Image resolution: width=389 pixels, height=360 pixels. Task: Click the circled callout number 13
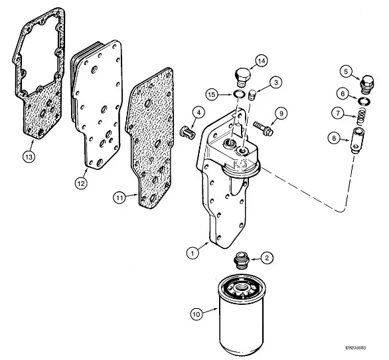pyautogui.click(x=29, y=157)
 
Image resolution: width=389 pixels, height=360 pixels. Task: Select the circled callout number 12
pyautogui.click(x=81, y=183)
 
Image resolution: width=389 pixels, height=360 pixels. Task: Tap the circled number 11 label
pyautogui.click(x=119, y=198)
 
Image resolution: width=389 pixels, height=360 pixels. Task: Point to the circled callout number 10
pyautogui.click(x=196, y=314)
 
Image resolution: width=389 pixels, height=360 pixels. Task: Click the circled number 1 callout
pyautogui.click(x=193, y=253)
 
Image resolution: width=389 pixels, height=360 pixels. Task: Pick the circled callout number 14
pyautogui.click(x=262, y=61)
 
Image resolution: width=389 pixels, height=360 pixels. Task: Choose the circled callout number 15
pyautogui.click(x=212, y=95)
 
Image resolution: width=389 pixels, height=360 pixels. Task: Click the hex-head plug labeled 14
pyautogui.click(x=242, y=78)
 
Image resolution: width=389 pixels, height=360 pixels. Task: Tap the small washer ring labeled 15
pyautogui.click(x=239, y=94)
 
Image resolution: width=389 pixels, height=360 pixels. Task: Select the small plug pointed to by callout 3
pyautogui.click(x=252, y=95)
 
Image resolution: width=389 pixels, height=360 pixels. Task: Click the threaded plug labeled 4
pyautogui.click(x=187, y=131)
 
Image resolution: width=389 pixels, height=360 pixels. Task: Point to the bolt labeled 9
pyautogui.click(x=264, y=128)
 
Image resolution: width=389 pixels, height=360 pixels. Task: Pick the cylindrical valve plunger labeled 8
pyautogui.click(x=356, y=140)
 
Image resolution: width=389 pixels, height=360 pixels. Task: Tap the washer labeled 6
pyautogui.click(x=364, y=101)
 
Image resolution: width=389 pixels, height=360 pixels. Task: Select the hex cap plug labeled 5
pyautogui.click(x=366, y=84)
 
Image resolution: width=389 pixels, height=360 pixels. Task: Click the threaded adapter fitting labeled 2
pyautogui.click(x=242, y=260)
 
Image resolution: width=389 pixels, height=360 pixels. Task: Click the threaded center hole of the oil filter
pyautogui.click(x=242, y=288)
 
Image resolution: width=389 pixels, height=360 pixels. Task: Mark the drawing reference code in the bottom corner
pyautogui.click(x=356, y=347)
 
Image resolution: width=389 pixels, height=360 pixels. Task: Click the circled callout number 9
pyautogui.click(x=281, y=114)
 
